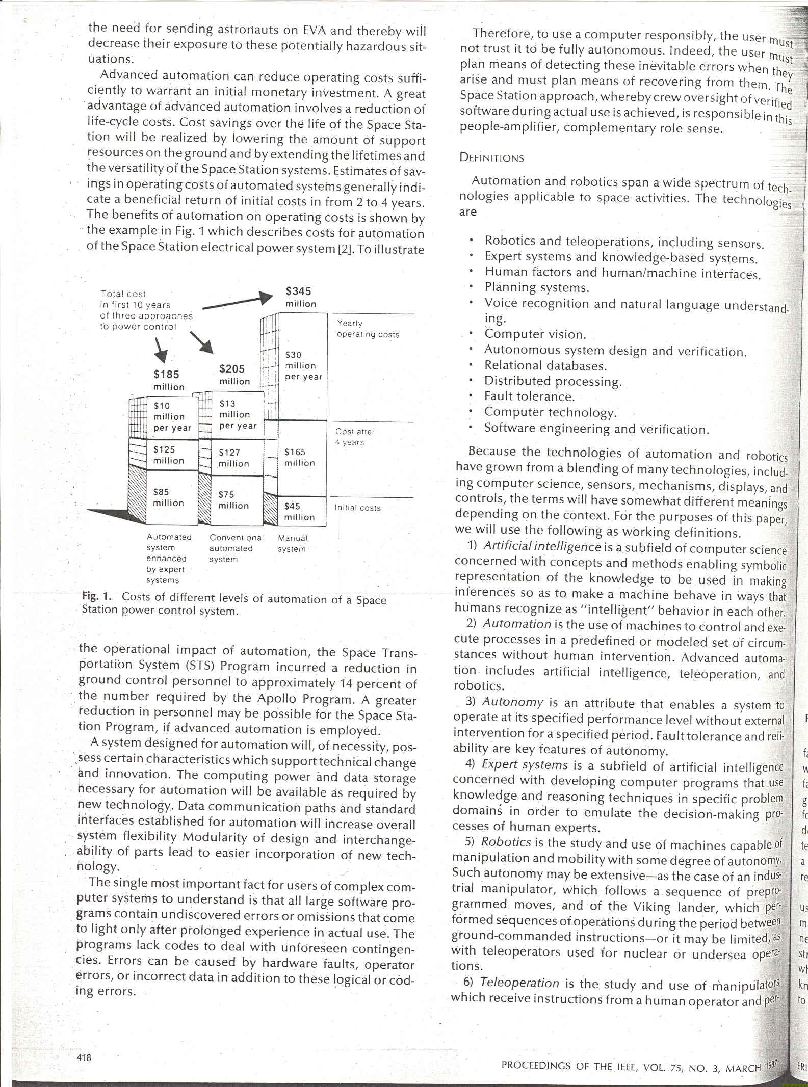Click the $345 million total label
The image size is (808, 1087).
coord(300,297)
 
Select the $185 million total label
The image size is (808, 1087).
coord(168,380)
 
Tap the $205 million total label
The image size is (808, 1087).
coord(234,375)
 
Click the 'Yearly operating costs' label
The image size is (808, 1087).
coord(367,329)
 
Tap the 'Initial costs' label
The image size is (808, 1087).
coord(357,508)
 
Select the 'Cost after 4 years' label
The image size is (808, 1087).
coord(354,437)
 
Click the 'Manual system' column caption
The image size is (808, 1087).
coord(292,543)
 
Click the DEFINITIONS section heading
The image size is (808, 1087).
coord(491,157)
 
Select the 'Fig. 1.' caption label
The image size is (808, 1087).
coord(96,596)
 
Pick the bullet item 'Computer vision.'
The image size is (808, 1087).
coord(535,334)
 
